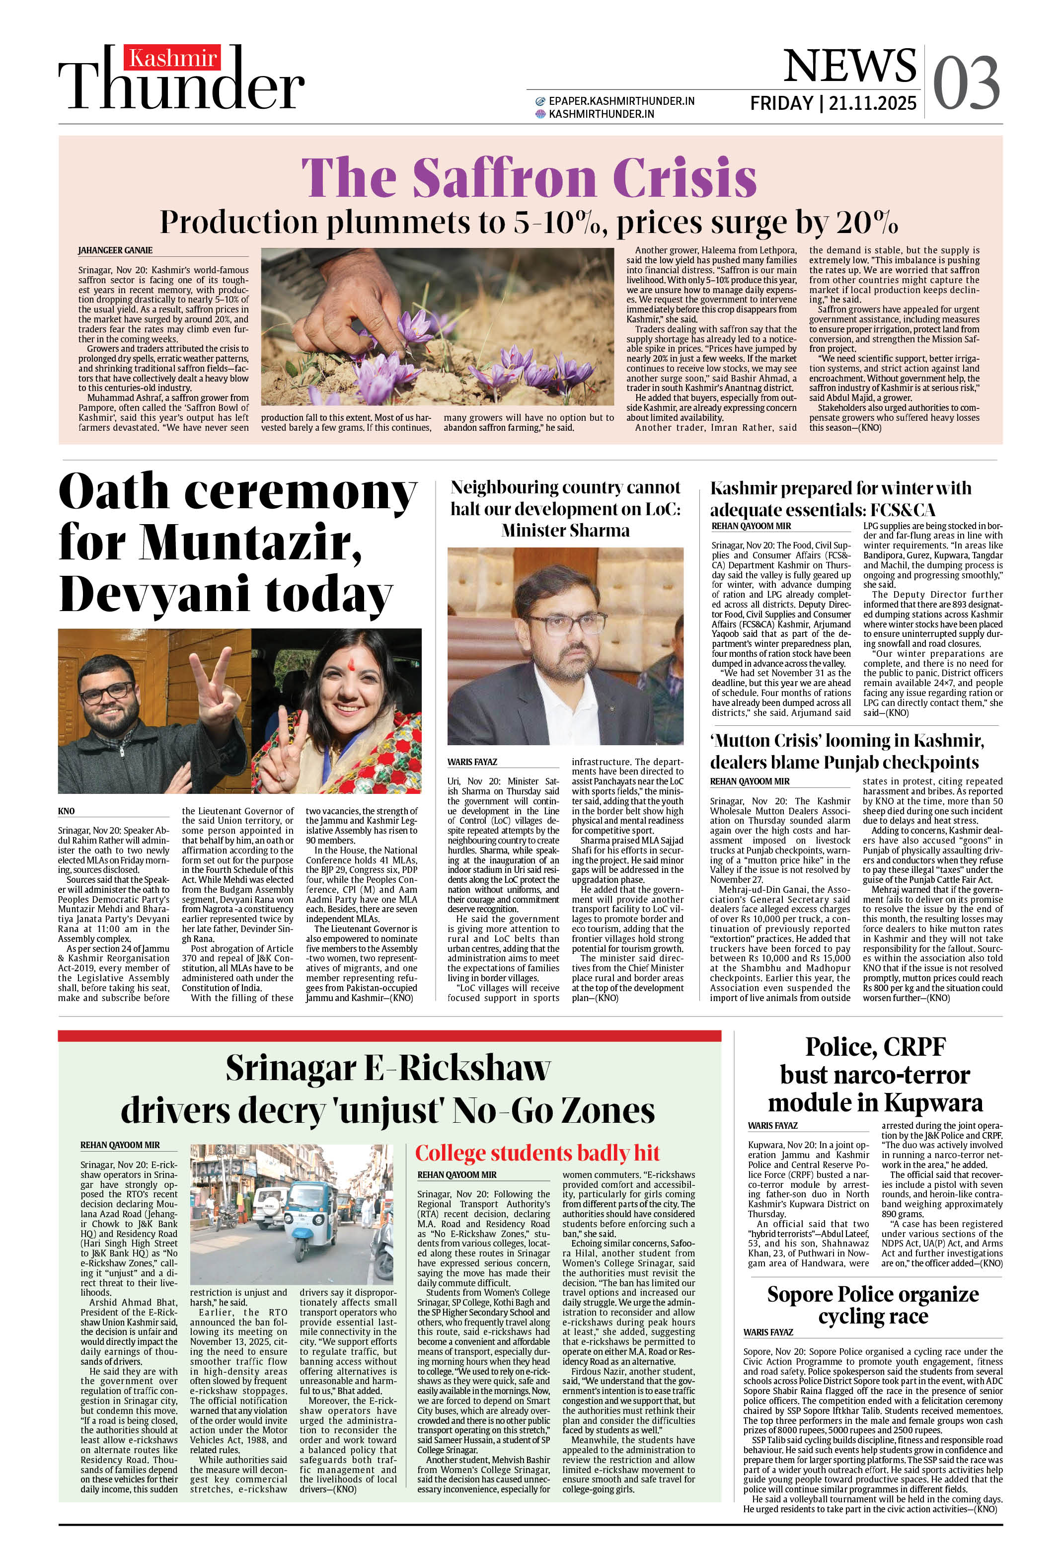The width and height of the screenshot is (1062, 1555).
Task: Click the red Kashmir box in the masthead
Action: pyautogui.click(x=173, y=59)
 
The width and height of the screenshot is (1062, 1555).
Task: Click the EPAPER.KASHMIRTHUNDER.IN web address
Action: pyautogui.click(x=621, y=101)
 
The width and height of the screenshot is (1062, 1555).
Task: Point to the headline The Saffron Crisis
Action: pyautogui.click(x=529, y=177)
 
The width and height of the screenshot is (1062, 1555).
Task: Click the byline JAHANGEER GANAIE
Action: pyautogui.click(x=115, y=250)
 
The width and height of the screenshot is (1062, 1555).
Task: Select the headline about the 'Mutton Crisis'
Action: pyautogui.click(x=846, y=751)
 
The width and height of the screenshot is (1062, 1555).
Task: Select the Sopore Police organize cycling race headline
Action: pyautogui.click(x=873, y=1305)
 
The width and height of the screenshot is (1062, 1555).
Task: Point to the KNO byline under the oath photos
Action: pyautogui.click(x=66, y=811)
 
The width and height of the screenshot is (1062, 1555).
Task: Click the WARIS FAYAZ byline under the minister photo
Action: pyautogui.click(x=472, y=762)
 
